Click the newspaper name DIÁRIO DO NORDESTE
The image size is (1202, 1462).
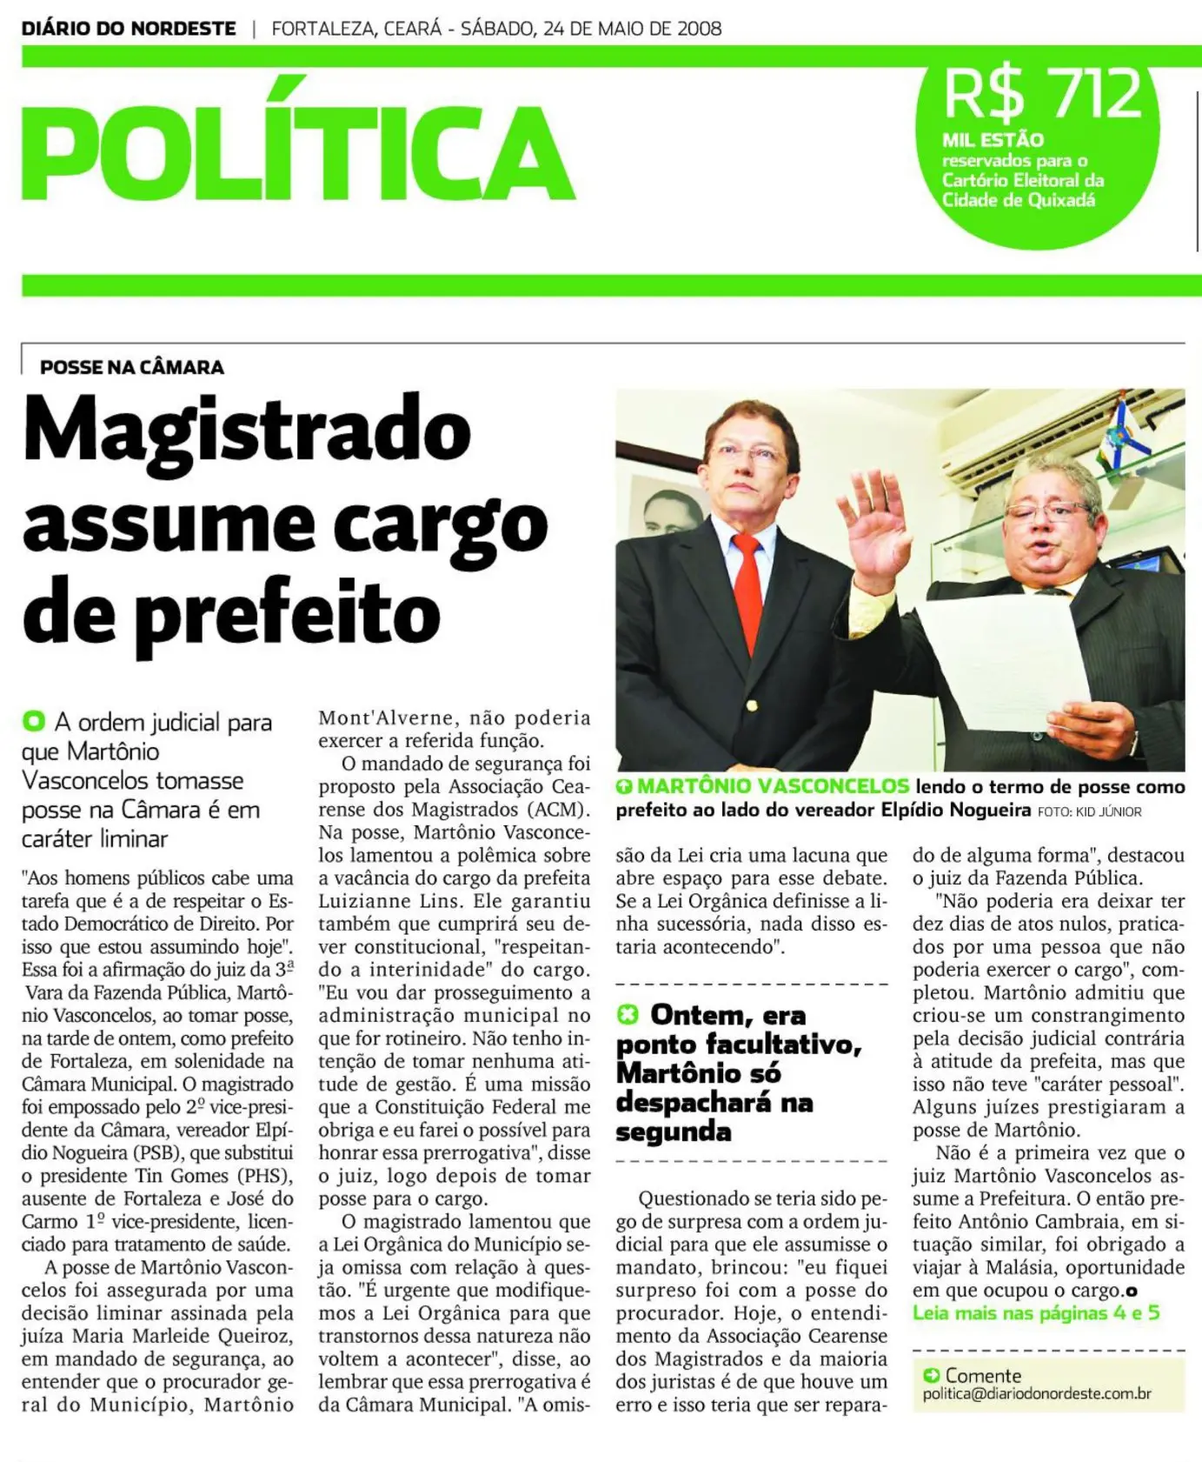(129, 29)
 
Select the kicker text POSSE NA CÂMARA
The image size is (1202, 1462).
(132, 367)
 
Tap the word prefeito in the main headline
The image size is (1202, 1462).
(287, 613)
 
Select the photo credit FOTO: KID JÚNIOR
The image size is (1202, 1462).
(1089, 811)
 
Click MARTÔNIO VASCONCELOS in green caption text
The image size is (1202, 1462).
(773, 786)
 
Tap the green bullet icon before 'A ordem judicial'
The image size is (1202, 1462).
(34, 721)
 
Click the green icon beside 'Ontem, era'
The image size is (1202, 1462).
(628, 1014)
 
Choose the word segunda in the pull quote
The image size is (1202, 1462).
(673, 1132)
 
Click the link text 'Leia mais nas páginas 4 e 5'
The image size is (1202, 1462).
(1035, 1312)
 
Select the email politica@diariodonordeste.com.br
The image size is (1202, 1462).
(1036, 1393)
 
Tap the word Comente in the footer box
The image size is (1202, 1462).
(983, 1375)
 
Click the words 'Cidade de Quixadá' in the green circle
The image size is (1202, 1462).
(1019, 200)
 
